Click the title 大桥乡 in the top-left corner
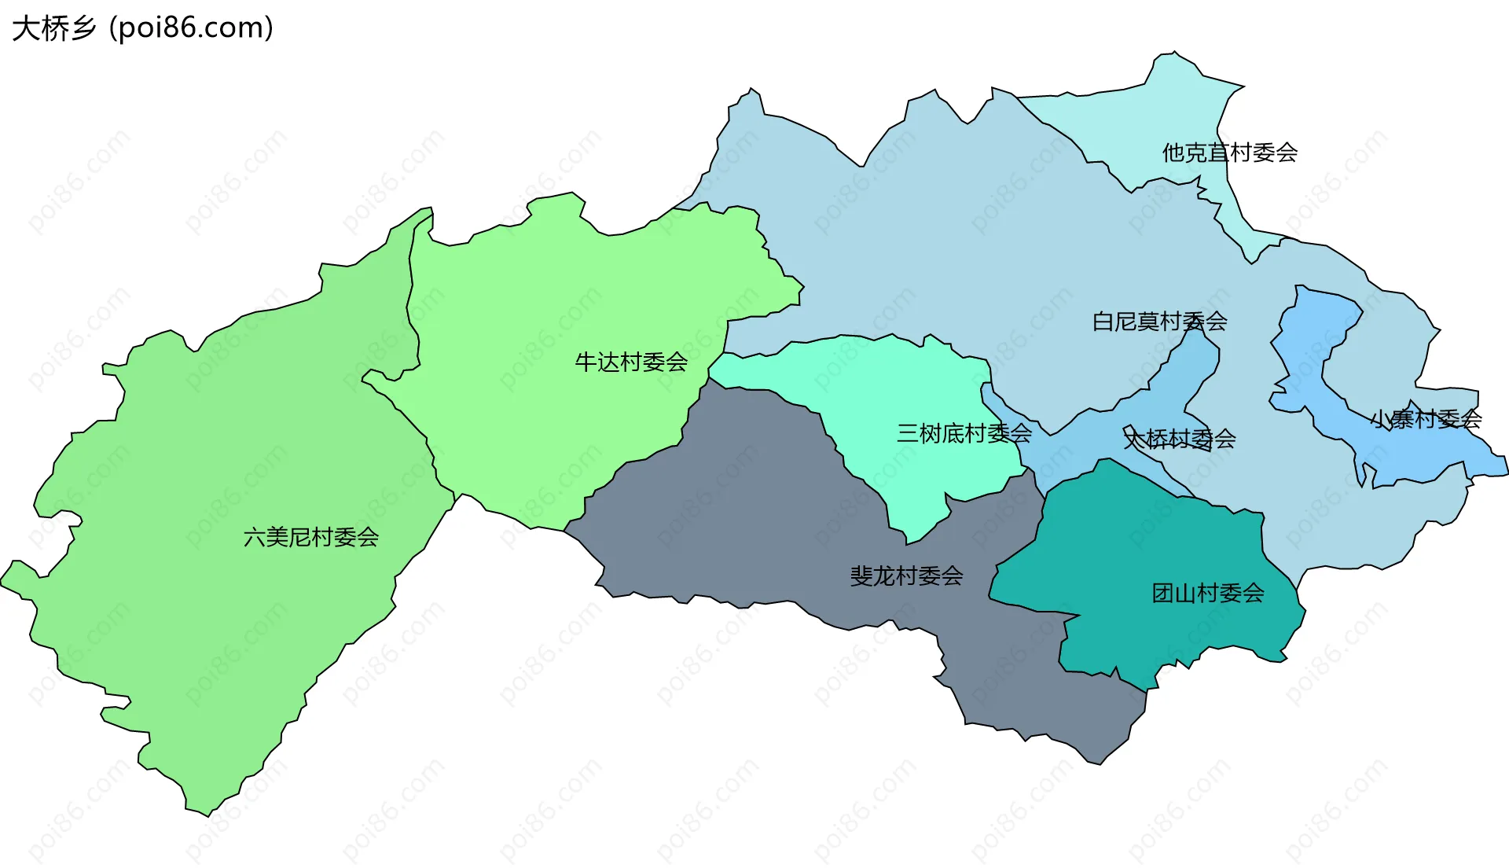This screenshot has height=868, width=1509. click(53, 28)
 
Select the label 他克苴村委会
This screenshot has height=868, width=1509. click(1229, 153)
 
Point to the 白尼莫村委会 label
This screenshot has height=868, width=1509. click(1159, 322)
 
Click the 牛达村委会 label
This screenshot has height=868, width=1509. click(631, 362)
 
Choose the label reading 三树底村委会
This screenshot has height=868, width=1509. click(964, 433)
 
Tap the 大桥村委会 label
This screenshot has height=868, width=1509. click(1179, 439)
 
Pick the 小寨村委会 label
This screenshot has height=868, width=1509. click(1426, 419)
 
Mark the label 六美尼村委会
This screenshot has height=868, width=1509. click(311, 538)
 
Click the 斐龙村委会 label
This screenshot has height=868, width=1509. click(906, 576)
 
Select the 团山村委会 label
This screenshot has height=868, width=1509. click(1207, 593)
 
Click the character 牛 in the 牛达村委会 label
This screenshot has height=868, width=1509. click(586, 362)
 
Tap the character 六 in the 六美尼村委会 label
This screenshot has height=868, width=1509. click(255, 538)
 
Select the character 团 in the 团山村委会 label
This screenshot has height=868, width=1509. click(1162, 593)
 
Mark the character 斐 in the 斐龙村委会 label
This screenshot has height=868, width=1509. click(861, 576)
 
